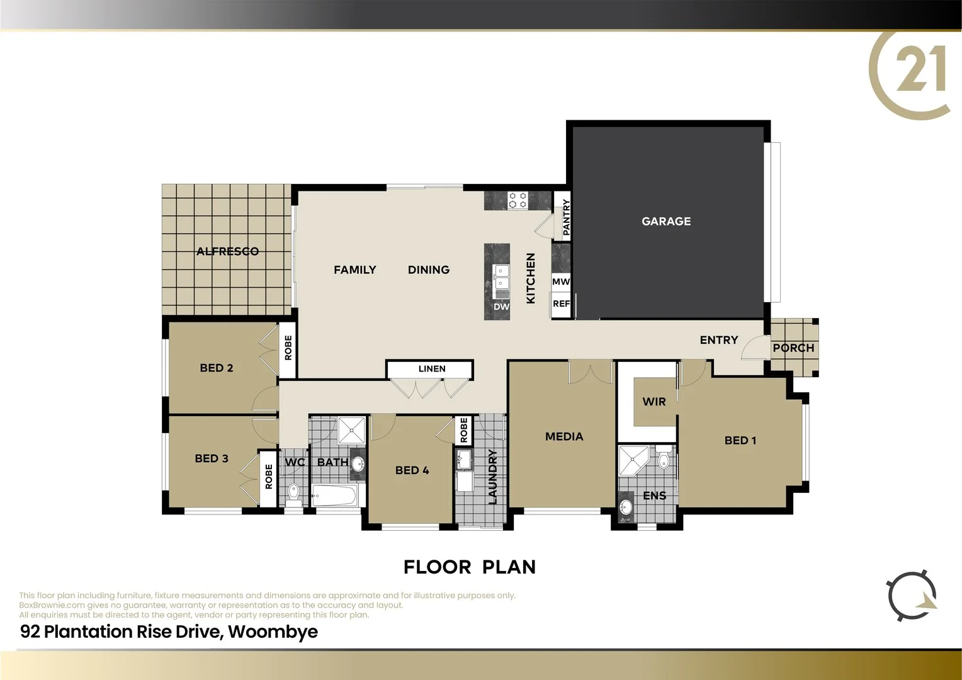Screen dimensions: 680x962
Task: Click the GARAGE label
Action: coord(666,221)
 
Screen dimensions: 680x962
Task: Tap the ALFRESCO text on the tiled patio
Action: coord(227,251)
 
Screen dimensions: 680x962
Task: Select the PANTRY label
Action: coord(566,217)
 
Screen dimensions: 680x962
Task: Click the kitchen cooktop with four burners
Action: coord(518,201)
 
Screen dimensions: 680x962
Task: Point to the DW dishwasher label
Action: coord(501,307)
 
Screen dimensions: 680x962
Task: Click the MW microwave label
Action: coord(560,281)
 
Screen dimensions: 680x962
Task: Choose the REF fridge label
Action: coord(561,303)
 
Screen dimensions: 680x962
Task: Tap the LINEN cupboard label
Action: coord(432,369)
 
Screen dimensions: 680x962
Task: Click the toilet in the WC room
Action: coord(293,492)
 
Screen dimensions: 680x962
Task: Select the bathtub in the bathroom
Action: coord(334,496)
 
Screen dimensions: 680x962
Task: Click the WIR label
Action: coord(654,402)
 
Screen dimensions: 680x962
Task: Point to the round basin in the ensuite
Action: coord(625,507)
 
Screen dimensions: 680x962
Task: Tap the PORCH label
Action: coord(793,348)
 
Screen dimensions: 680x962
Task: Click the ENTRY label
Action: coord(719,340)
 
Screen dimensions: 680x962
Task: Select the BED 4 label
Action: coord(412,470)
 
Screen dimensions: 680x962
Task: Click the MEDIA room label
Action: coord(564,436)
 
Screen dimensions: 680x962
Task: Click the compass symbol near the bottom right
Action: coord(912,596)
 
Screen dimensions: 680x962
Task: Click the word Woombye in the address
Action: coord(273,632)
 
